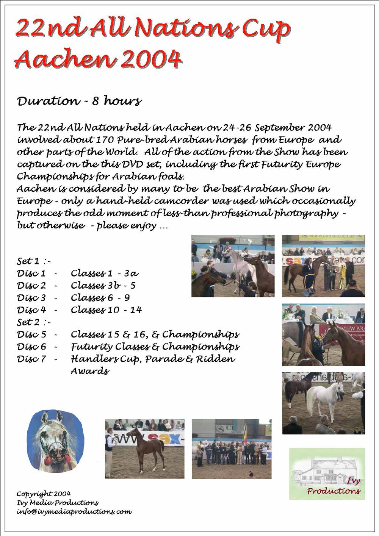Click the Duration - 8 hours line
[x=79, y=101]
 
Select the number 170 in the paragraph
[x=105, y=140]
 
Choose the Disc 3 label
[x=31, y=298]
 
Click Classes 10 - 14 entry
[x=106, y=310]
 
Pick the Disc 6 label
[x=31, y=347]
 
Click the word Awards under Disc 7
[x=90, y=371]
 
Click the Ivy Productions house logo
[x=327, y=473]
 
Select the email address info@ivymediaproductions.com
[x=74, y=512]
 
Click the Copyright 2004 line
[x=43, y=494]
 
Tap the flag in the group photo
[x=244, y=432]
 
